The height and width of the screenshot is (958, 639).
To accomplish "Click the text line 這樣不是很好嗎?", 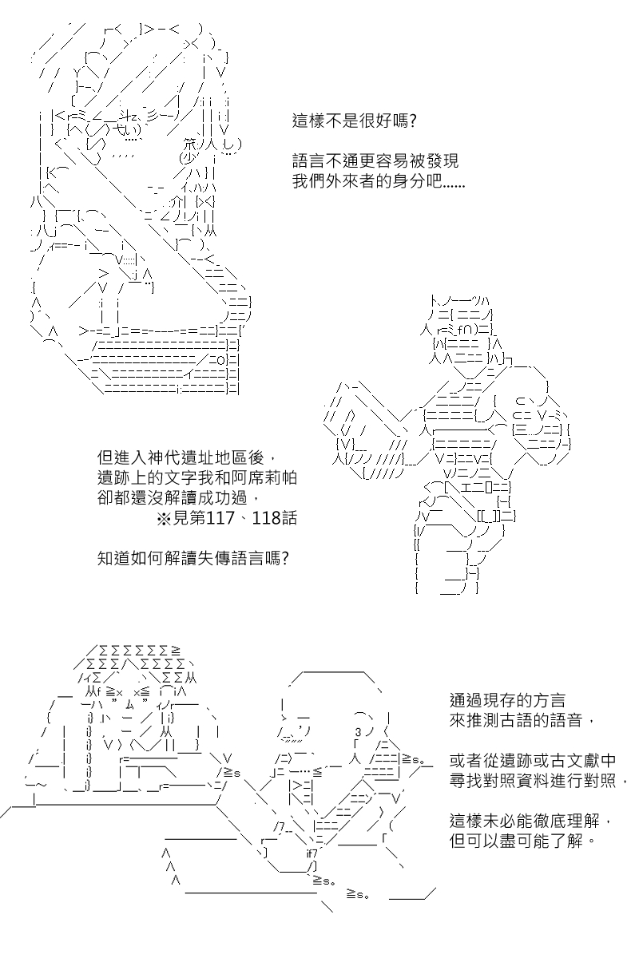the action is point(354,121).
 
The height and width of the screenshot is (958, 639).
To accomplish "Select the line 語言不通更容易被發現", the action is point(375,160).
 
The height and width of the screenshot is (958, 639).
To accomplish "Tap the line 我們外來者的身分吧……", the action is point(379,181).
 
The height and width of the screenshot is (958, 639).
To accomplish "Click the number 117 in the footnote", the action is point(220,518).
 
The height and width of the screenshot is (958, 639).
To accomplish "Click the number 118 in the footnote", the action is point(266,518).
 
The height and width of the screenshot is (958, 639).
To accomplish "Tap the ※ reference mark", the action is point(164,518).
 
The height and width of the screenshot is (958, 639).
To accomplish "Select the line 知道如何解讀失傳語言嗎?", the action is point(193,558).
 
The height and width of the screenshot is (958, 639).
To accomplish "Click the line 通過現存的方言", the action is point(507,701).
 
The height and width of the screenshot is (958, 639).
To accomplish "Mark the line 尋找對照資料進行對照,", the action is point(539,781).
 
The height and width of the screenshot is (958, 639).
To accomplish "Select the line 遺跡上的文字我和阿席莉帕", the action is point(196,477).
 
